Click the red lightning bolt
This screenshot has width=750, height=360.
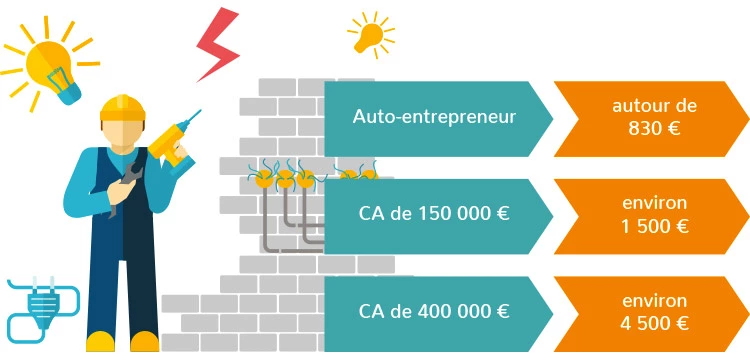click(x=215, y=44)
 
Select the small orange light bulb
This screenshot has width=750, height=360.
click(x=371, y=33)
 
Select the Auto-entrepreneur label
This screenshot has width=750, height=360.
click(x=434, y=117)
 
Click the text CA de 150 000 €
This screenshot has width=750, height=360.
click(x=434, y=214)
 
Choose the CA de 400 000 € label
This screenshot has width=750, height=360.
click(x=434, y=311)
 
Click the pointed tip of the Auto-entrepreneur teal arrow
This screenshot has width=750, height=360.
click(x=551, y=117)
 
